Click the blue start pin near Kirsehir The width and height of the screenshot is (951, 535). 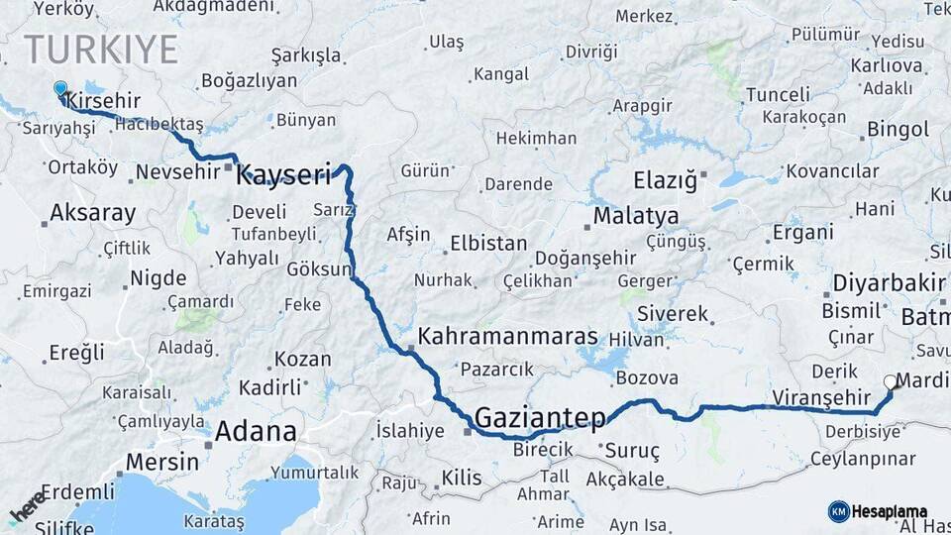pos(60,89)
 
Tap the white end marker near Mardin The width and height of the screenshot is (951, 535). pos(889,380)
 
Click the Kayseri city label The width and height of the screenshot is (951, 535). pos(283,176)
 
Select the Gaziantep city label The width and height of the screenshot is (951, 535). pos(540,418)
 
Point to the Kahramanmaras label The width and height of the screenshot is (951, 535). pos(508,336)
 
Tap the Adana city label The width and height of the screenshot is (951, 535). pos(256,432)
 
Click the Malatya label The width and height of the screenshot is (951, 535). pos(636,216)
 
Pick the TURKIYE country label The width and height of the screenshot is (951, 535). pos(101,50)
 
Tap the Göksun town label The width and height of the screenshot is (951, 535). pos(319,268)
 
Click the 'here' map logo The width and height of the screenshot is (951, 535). pos(27,506)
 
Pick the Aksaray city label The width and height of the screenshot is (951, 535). pos(92,212)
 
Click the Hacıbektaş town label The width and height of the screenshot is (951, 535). pos(159,124)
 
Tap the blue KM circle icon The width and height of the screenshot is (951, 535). pos(838,511)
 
